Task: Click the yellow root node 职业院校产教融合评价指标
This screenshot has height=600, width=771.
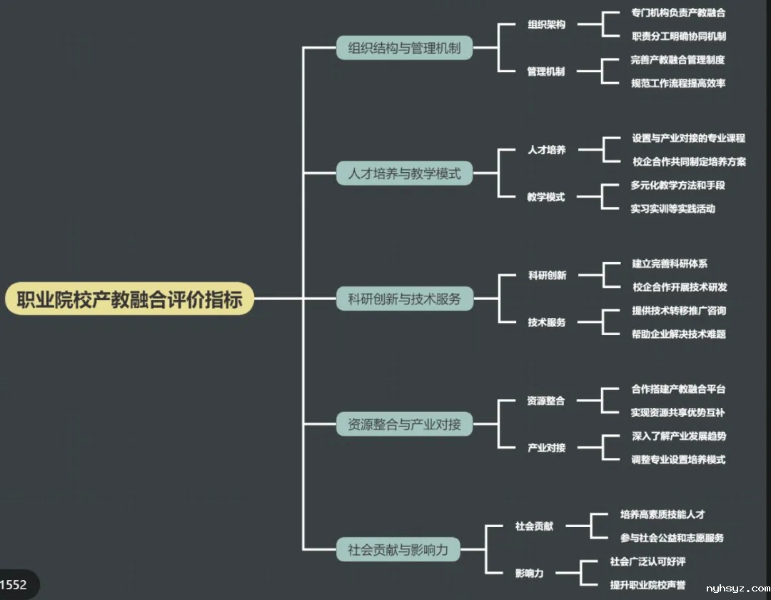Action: pyautogui.click(x=129, y=299)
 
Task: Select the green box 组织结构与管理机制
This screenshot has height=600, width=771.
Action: pyautogui.click(x=404, y=48)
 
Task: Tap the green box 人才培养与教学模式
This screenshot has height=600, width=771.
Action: pyautogui.click(x=404, y=173)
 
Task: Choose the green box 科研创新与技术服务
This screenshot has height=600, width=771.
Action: pyautogui.click(x=404, y=299)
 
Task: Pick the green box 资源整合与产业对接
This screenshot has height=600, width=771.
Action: pyautogui.click(x=404, y=424)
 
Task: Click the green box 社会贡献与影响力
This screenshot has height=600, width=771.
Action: pyautogui.click(x=398, y=549)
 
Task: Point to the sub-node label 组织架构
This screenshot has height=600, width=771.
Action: pyautogui.click(x=546, y=24)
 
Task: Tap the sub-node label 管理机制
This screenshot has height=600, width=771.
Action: pyautogui.click(x=546, y=71)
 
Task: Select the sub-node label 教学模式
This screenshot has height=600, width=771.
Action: pyautogui.click(x=546, y=197)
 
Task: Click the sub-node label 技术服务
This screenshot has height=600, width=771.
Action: pyautogui.click(x=546, y=322)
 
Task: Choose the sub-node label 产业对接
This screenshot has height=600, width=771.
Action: pyautogui.click(x=546, y=448)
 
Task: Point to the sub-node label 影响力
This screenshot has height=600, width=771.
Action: pyautogui.click(x=530, y=573)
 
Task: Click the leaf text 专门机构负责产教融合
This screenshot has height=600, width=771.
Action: pyautogui.click(x=678, y=12)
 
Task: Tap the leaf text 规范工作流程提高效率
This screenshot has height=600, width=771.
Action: pyautogui.click(x=678, y=83)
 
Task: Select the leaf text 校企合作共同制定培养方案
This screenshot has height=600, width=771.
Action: pyautogui.click(x=689, y=161)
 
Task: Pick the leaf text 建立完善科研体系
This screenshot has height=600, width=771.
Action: pyautogui.click(x=670, y=264)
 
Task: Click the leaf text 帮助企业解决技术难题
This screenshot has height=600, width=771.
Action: pyautogui.click(x=678, y=334)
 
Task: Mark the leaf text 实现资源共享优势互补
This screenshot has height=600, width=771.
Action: pyautogui.click(x=678, y=412)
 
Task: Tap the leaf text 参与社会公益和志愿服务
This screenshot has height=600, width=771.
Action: pyautogui.click(x=672, y=538)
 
